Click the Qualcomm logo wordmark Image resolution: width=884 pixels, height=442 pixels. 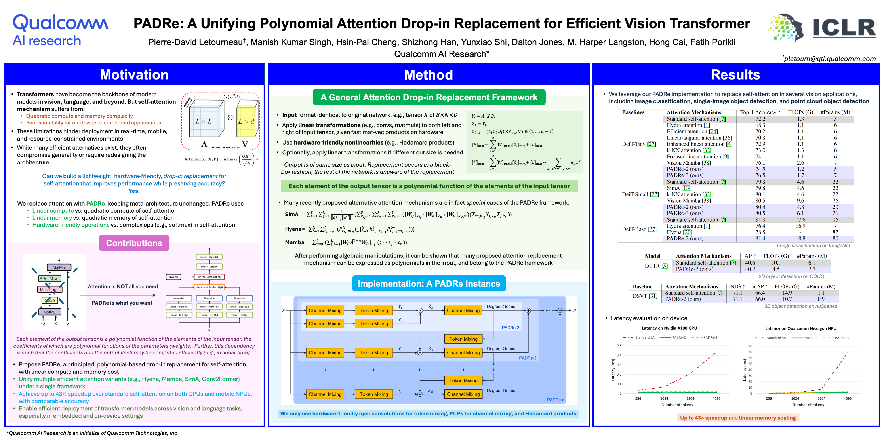(x=60, y=23)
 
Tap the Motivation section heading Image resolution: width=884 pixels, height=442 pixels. (x=134, y=75)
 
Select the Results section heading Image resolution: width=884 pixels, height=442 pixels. (x=735, y=75)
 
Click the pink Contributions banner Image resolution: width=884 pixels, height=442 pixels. (x=134, y=243)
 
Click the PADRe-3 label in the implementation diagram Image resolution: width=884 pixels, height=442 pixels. (x=528, y=358)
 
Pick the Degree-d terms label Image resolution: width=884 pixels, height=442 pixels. (x=501, y=391)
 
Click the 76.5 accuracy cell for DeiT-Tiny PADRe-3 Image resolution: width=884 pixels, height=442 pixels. (x=760, y=175)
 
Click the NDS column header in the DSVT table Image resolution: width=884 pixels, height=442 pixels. (x=737, y=287)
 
